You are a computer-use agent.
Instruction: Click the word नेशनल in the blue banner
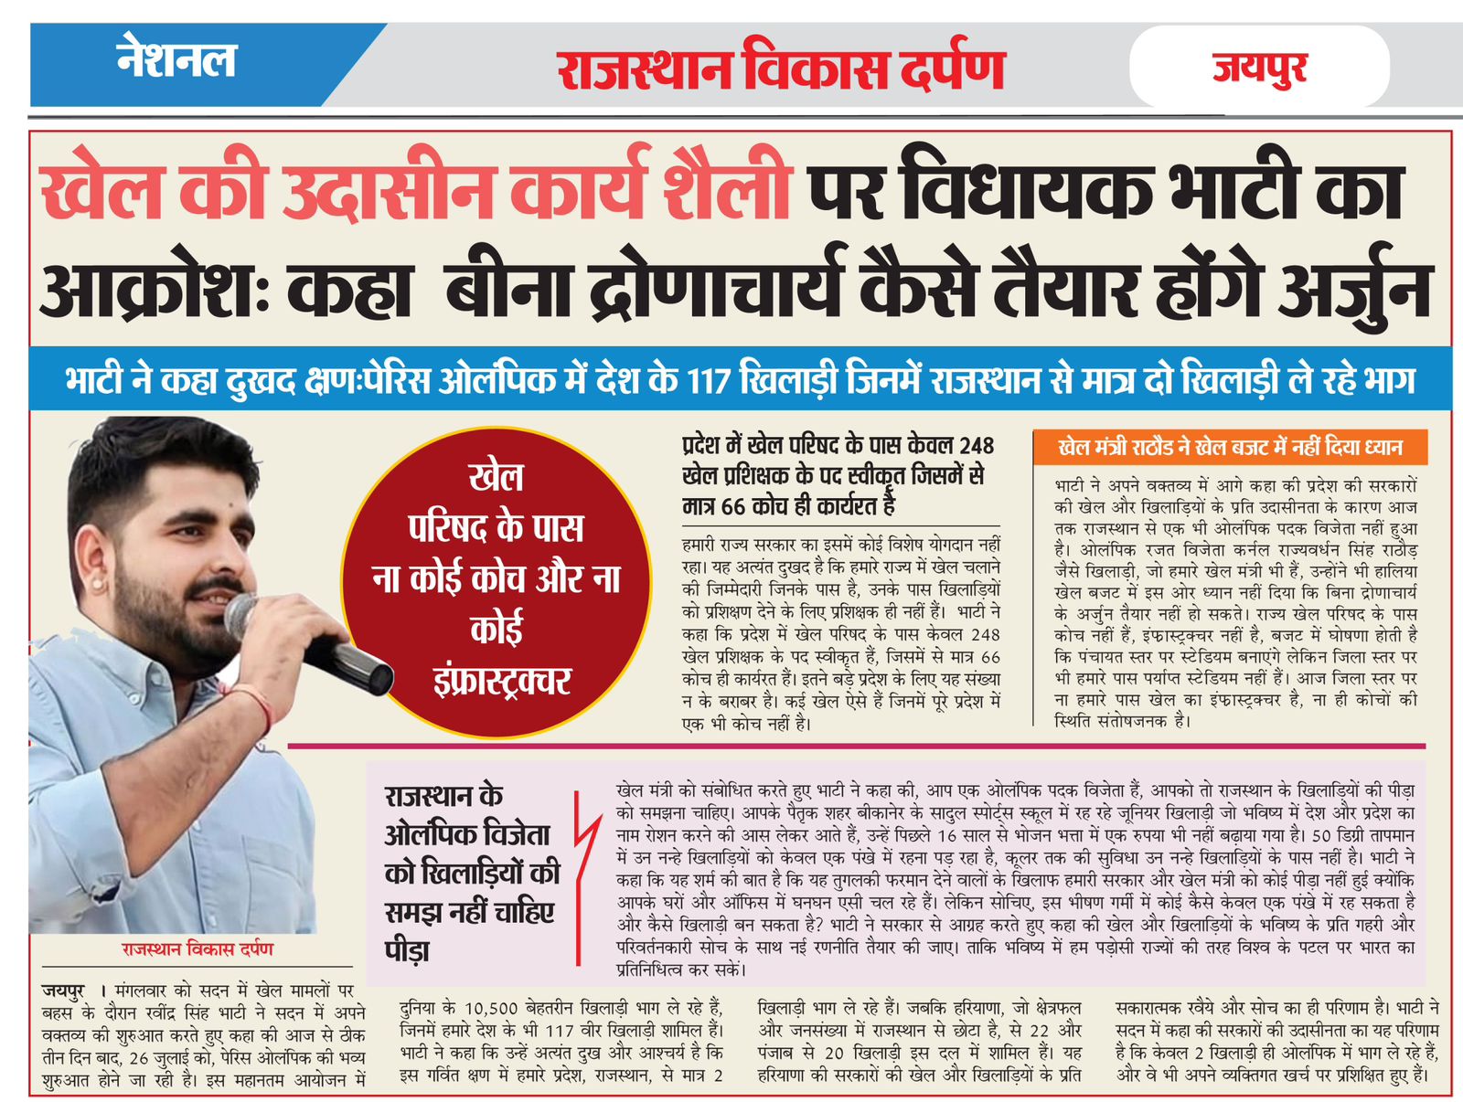176,60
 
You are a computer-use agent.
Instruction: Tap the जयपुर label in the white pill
1259,69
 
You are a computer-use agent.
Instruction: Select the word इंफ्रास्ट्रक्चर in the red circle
500,682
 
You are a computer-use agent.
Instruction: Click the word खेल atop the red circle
496,477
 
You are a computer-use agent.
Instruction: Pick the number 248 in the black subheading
976,446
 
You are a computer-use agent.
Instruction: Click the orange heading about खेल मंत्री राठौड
1229,448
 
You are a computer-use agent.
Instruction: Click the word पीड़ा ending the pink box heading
408,949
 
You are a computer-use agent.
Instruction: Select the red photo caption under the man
197,949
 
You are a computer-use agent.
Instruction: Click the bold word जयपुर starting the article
63,990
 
